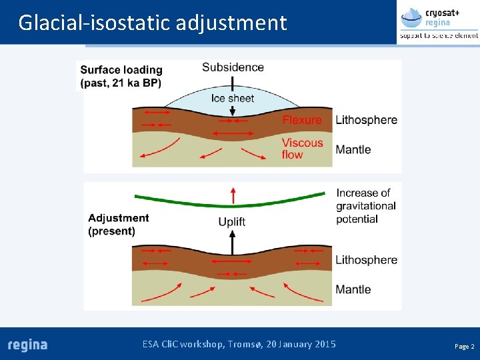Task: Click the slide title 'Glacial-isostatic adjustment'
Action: (x=153, y=23)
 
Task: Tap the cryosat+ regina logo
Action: (x=438, y=22)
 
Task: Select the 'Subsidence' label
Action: (x=233, y=67)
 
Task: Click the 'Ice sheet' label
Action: (x=233, y=99)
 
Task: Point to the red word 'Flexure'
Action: (x=301, y=120)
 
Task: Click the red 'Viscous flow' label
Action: (x=301, y=149)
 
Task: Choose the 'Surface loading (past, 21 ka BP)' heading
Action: (x=121, y=76)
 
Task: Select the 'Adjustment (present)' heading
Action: (x=119, y=224)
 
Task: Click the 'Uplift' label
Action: (x=232, y=221)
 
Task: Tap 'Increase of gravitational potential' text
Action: (x=366, y=205)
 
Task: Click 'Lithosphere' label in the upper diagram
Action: (x=366, y=120)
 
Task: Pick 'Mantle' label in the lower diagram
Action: (x=353, y=289)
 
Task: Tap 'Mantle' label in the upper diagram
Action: (x=353, y=149)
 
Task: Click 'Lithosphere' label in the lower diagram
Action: (x=366, y=260)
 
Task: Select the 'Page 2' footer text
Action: (x=464, y=347)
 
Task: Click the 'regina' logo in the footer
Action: (x=27, y=345)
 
